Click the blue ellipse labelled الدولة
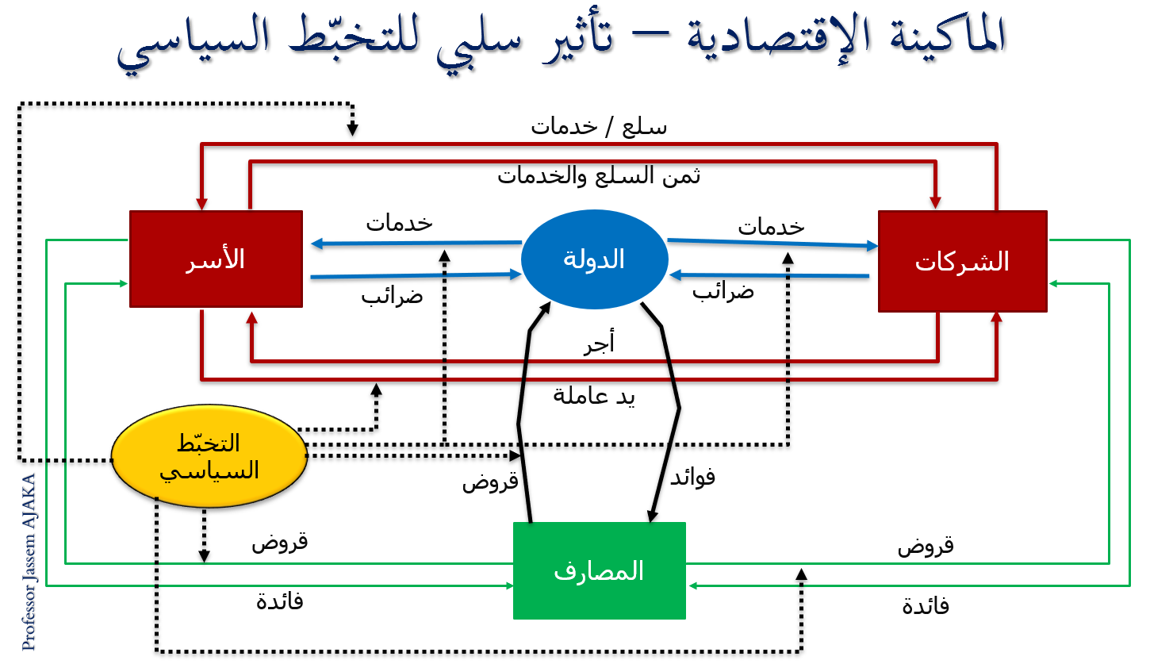(594, 259)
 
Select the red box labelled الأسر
(216, 259)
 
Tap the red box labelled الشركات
(962, 261)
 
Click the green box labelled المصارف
(599, 570)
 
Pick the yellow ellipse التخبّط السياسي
(209, 456)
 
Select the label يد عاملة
(594, 396)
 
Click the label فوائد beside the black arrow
(692, 477)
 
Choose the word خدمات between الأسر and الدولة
(399, 223)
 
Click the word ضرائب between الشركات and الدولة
(723, 291)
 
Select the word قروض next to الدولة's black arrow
(490, 481)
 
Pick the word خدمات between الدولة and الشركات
(771, 226)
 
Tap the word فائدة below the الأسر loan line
(280, 601)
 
